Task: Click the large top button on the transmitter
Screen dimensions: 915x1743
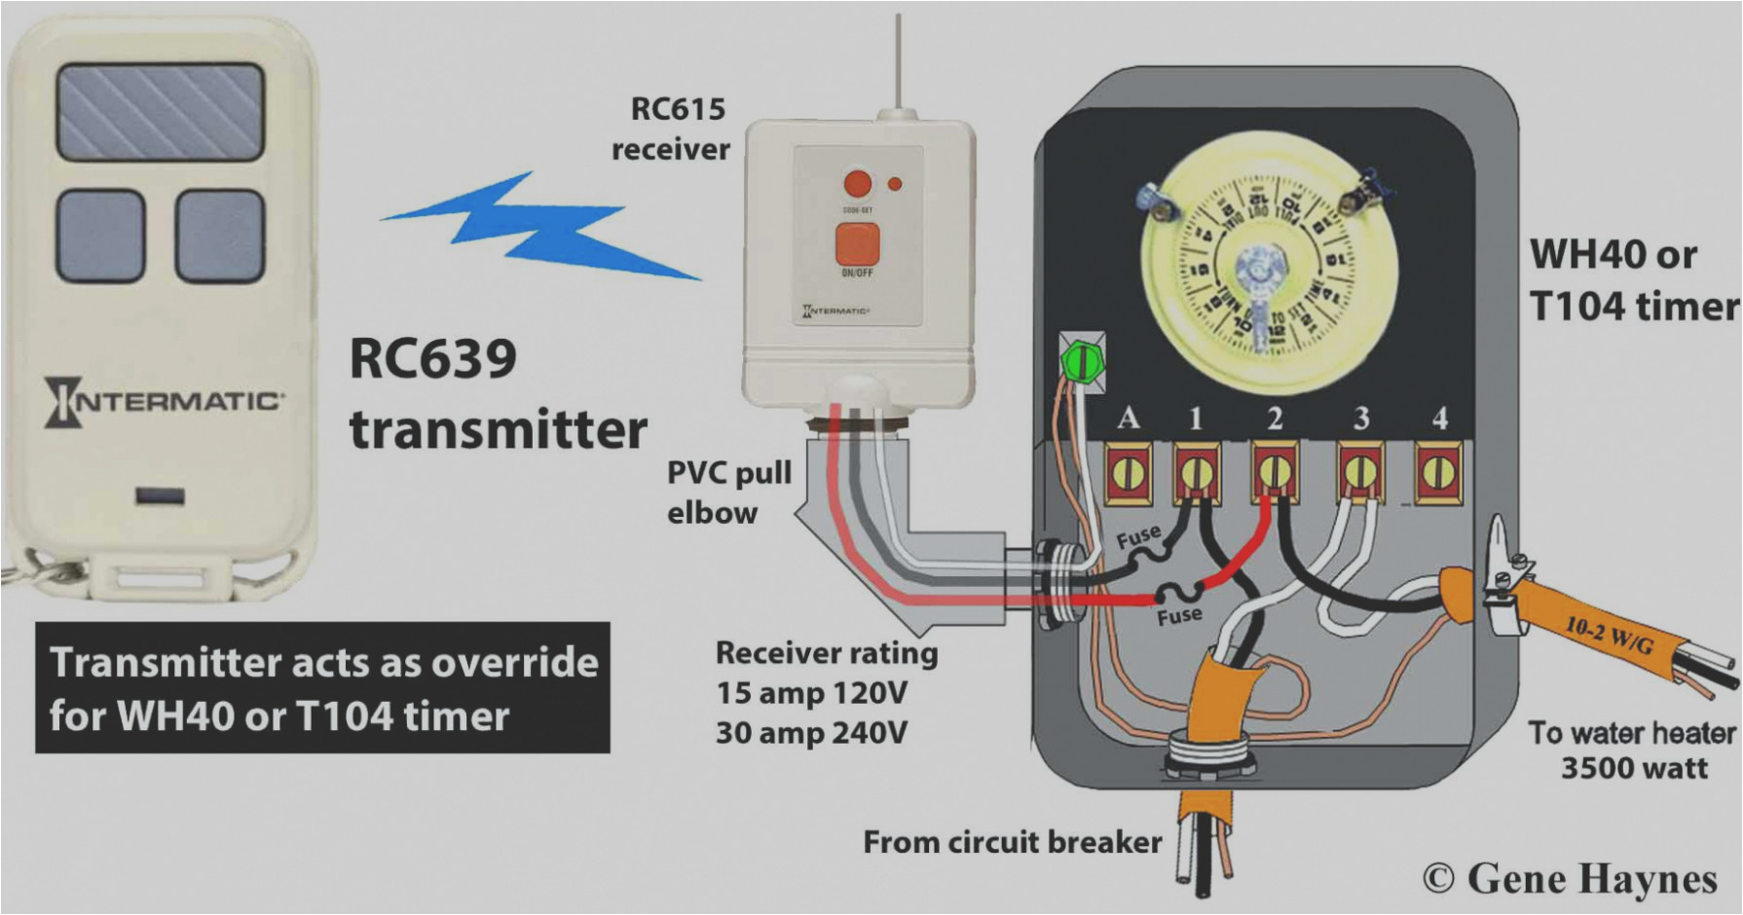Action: tap(160, 111)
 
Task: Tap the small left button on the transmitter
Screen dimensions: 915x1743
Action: tap(100, 236)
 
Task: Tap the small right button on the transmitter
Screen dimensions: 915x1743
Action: tap(220, 236)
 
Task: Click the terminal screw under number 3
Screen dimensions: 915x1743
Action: tap(1360, 474)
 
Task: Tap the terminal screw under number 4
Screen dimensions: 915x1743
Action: tap(1438, 474)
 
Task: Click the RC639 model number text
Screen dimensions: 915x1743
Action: tap(432, 358)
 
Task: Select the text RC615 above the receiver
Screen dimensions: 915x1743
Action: tap(678, 109)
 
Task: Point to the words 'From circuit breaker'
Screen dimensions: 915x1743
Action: tap(1012, 842)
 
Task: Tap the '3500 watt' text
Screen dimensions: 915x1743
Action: tap(1634, 769)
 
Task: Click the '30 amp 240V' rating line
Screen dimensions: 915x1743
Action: tap(811, 732)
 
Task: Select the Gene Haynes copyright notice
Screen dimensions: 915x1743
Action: tap(1570, 878)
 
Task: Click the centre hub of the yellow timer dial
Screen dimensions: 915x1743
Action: tap(1260, 268)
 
